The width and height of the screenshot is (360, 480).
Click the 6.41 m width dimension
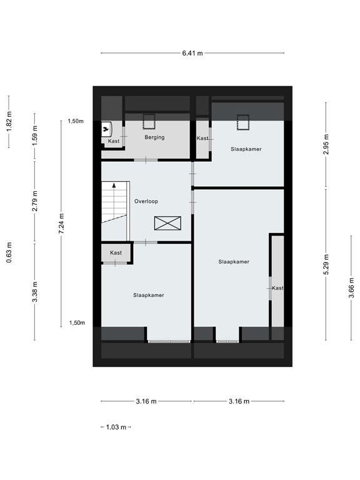[192, 54]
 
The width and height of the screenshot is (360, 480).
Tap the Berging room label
[154, 137]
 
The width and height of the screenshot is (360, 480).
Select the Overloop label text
[146, 201]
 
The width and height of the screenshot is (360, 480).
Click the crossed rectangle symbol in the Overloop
[167, 223]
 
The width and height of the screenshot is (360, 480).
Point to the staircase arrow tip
[114, 186]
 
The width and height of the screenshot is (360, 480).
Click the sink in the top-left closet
[106, 129]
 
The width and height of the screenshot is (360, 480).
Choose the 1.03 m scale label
[116, 427]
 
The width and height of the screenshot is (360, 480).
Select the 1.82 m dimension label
[9, 121]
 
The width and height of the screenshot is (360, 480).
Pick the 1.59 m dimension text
[35, 134]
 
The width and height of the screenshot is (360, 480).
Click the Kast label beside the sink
[113, 142]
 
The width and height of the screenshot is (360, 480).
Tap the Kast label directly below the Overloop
[116, 252]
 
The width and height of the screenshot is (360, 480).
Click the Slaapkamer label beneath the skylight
[246, 149]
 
